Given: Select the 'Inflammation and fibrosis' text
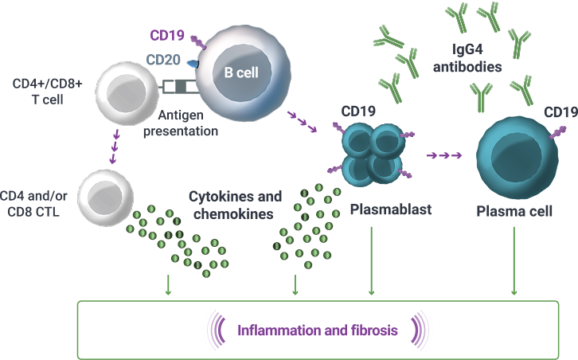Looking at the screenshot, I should [316, 328].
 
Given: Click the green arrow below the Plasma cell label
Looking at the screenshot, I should [515, 262].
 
